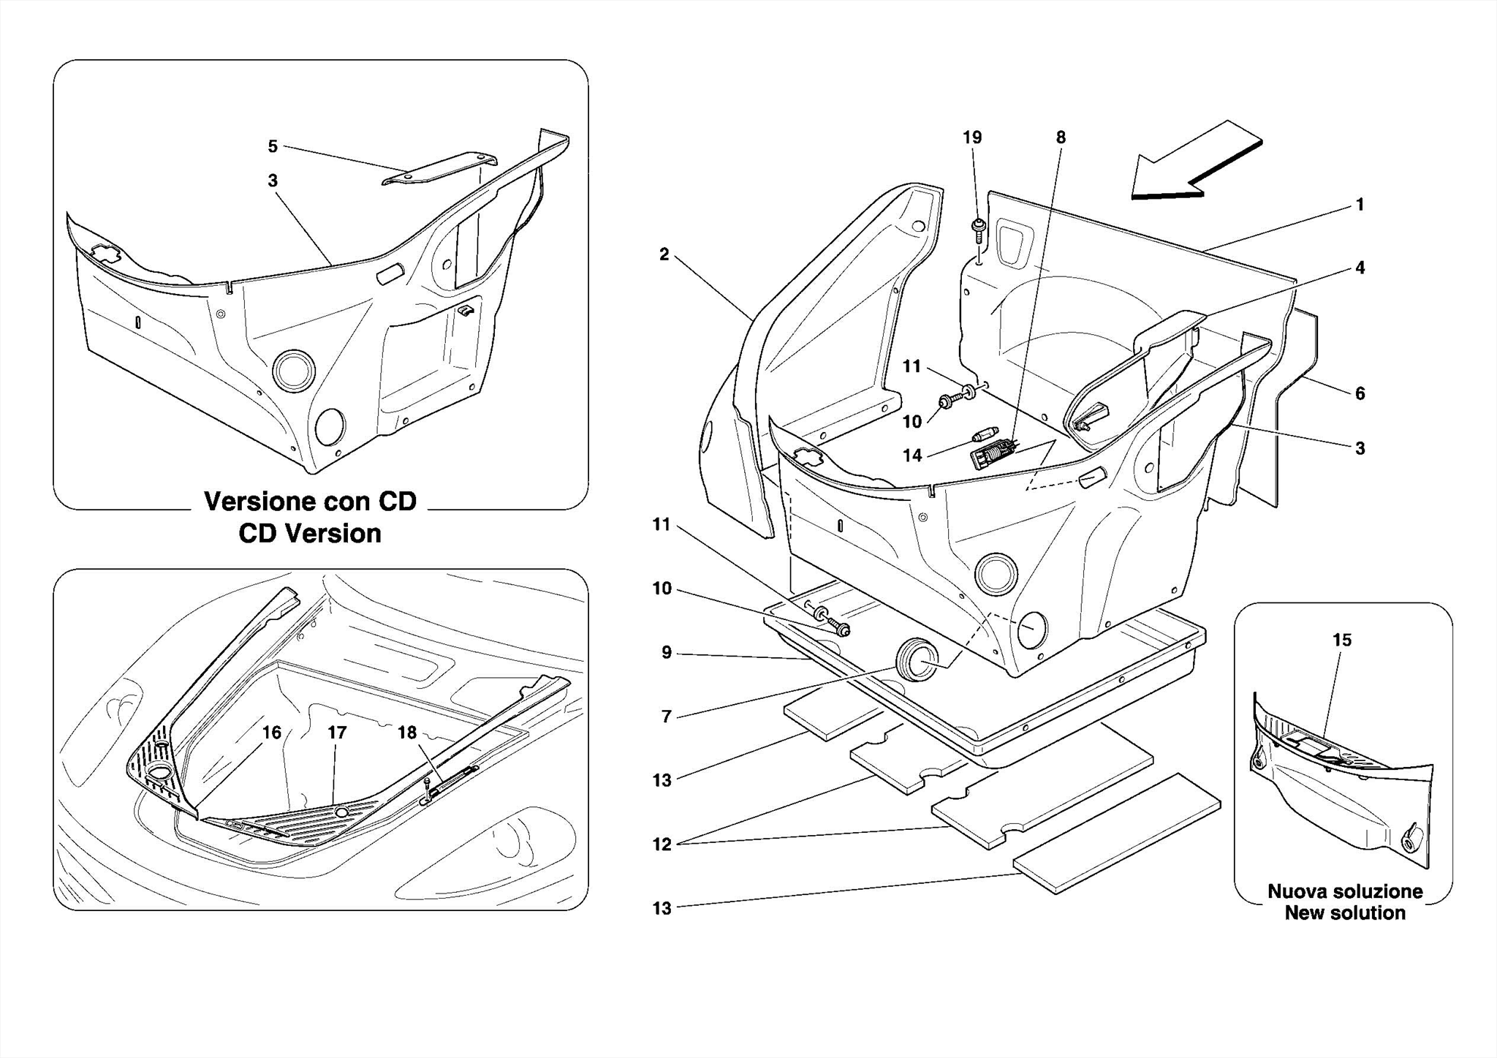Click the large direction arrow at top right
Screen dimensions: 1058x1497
(x=1191, y=165)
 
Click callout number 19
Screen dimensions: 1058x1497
(x=971, y=137)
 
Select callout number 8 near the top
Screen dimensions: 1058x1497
(x=1061, y=137)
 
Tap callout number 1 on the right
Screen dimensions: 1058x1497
(x=1360, y=205)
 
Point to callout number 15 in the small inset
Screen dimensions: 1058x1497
(x=1341, y=641)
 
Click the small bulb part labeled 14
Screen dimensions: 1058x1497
(x=979, y=438)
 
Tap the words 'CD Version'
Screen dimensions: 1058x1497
(x=310, y=534)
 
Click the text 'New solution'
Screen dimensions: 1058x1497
(x=1345, y=912)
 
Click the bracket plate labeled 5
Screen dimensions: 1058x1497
(x=439, y=167)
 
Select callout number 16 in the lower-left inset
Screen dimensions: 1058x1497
(x=272, y=733)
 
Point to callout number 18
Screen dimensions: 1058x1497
(x=406, y=732)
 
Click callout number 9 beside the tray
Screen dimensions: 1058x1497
(x=666, y=652)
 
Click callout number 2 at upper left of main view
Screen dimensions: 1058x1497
(x=664, y=254)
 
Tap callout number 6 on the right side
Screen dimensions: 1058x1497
(x=1360, y=393)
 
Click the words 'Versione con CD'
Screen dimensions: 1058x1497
(x=310, y=502)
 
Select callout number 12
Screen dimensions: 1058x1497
(x=662, y=844)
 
